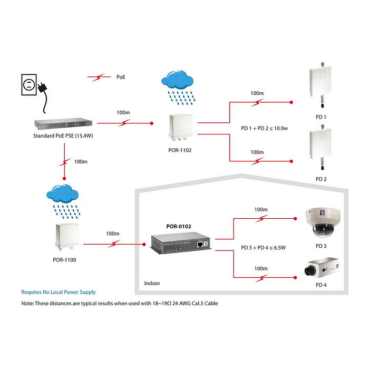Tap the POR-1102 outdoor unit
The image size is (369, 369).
click(x=180, y=129)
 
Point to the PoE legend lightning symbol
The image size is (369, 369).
click(x=99, y=77)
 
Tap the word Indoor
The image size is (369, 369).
click(x=152, y=283)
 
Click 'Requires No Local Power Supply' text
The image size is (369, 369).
click(x=59, y=292)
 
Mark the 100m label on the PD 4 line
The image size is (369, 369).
click(x=260, y=268)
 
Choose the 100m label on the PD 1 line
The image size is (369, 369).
click(x=257, y=93)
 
